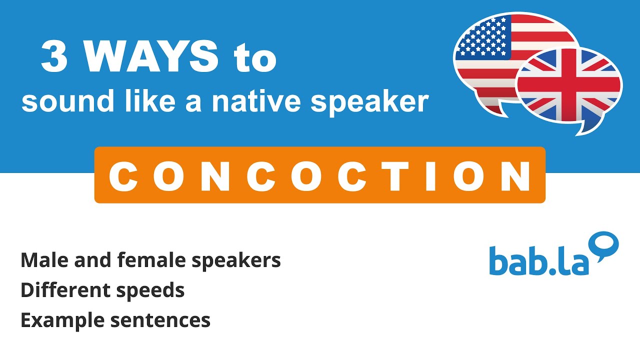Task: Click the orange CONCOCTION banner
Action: (319, 174)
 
